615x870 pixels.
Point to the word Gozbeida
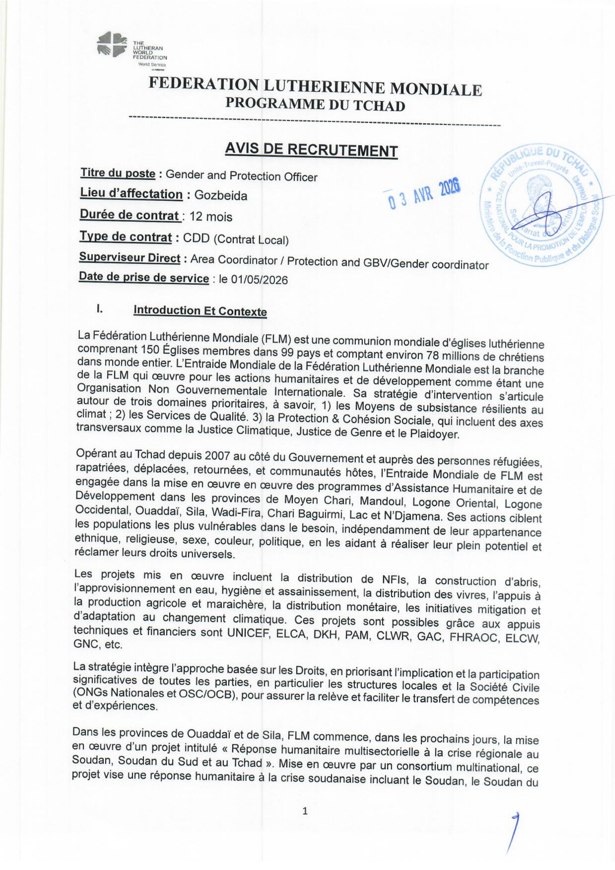[221, 196]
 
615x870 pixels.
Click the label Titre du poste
[118, 174]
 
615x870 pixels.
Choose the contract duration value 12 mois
[211, 217]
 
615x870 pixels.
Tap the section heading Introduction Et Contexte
[200, 311]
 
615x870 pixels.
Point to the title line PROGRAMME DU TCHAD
[315, 105]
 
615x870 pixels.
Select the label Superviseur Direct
[129, 258]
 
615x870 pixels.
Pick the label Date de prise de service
[144, 278]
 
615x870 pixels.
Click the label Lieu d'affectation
[131, 194]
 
